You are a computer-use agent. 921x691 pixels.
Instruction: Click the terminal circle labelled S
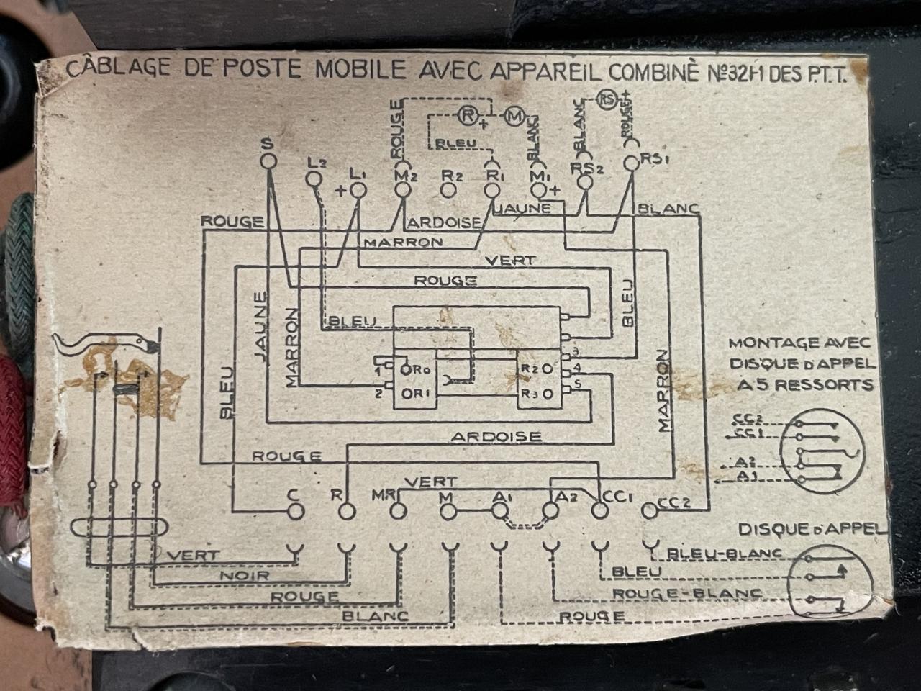(268, 161)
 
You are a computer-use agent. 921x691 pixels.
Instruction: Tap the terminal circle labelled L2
(314, 177)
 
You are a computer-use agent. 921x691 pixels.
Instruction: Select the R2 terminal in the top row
(448, 190)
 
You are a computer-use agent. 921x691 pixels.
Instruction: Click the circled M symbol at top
(514, 115)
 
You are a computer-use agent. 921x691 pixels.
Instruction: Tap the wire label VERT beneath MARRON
(512, 260)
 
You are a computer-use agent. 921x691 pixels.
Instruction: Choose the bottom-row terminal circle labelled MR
(397, 511)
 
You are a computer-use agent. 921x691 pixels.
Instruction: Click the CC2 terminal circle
(650, 510)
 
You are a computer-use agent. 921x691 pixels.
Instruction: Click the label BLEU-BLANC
(725, 554)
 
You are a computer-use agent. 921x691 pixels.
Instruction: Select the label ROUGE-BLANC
(686, 594)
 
